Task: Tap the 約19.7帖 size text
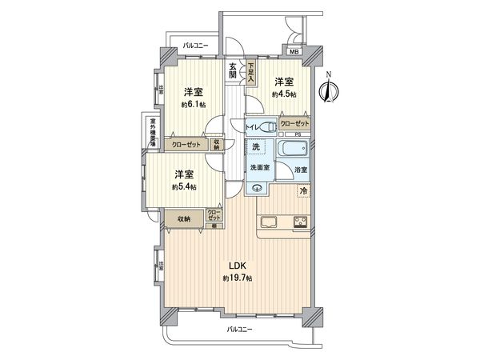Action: pyautogui.click(x=238, y=278)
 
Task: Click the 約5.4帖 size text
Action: pyautogui.click(x=184, y=187)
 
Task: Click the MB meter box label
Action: pyautogui.click(x=294, y=52)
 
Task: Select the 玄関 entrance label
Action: pyautogui.click(x=232, y=70)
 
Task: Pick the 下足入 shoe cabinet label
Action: pyautogui.click(x=250, y=72)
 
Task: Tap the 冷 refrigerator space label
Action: pyautogui.click(x=303, y=190)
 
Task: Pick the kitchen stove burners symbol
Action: pyautogui.click(x=301, y=222)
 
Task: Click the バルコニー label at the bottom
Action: pyautogui.click(x=239, y=330)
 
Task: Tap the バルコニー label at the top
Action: pyautogui.click(x=194, y=46)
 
